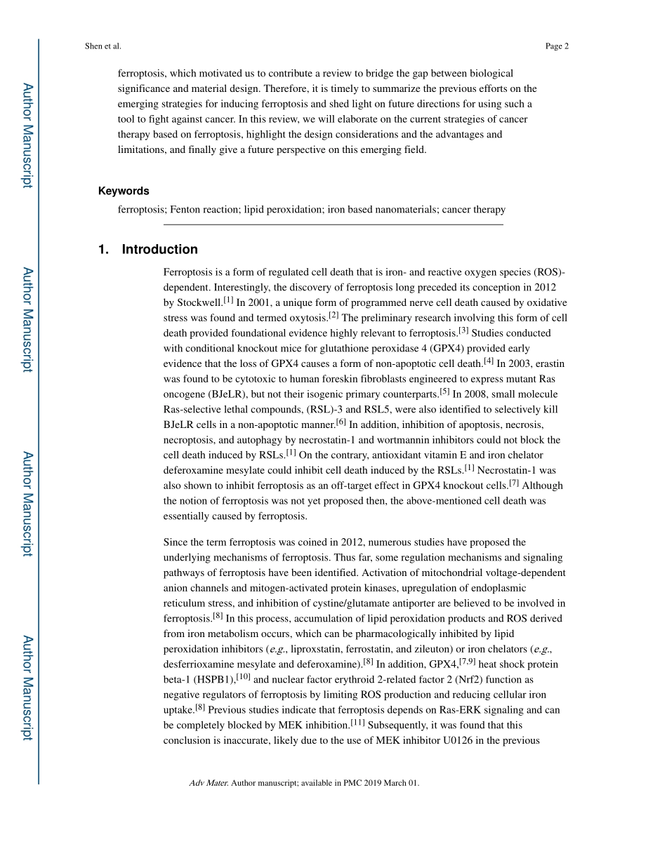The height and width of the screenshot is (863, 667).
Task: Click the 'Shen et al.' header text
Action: (x=103, y=46)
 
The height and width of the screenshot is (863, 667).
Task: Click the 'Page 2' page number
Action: (x=556, y=46)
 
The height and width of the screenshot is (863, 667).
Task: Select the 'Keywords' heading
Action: (x=124, y=191)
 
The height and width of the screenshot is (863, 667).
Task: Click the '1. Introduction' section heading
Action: (x=148, y=250)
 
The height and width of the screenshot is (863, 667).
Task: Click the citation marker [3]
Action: (x=463, y=330)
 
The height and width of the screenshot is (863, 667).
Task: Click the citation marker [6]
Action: (x=341, y=422)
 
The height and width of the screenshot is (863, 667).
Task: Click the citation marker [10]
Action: (x=244, y=676)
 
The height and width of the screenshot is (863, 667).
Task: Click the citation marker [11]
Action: (x=357, y=723)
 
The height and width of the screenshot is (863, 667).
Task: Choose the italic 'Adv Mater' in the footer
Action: (x=209, y=783)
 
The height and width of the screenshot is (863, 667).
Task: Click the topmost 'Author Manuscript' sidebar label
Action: (x=27, y=135)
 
